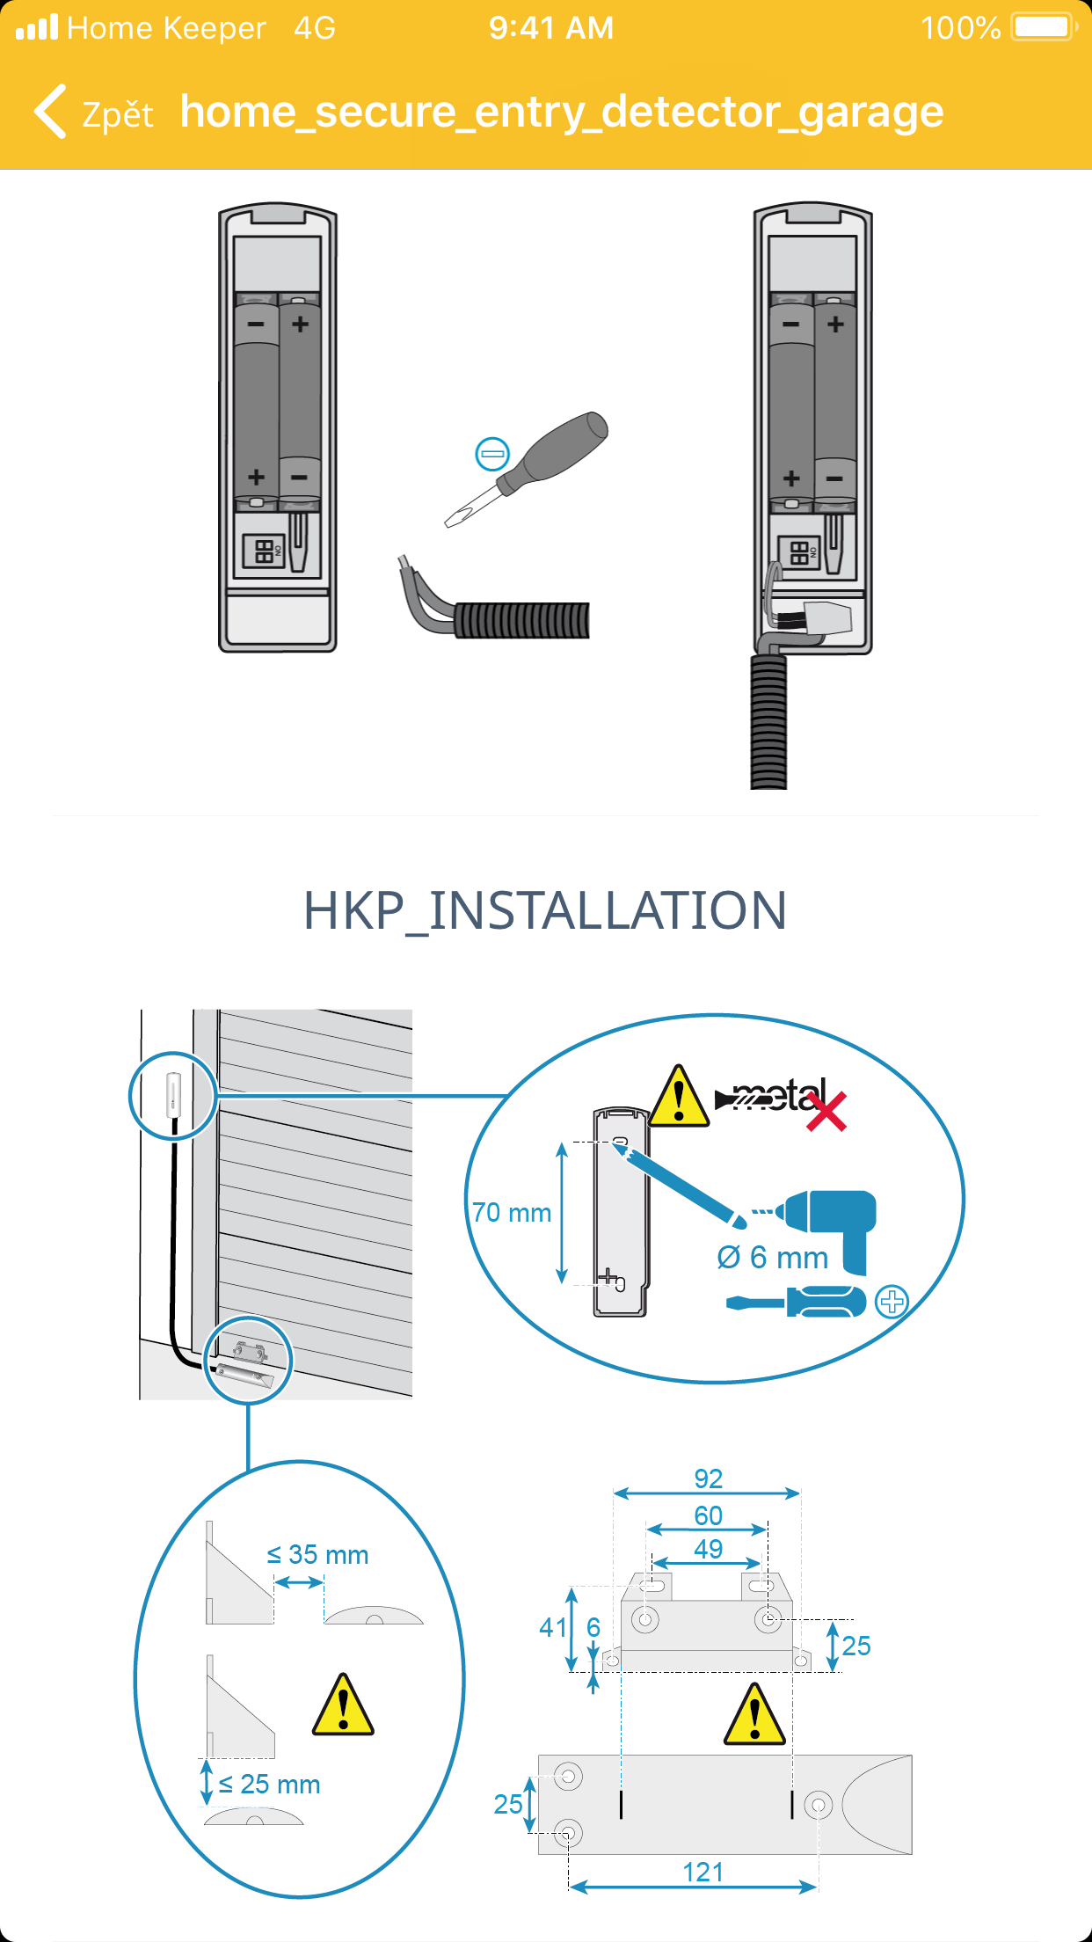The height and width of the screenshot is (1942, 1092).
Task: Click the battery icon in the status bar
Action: coord(1045,27)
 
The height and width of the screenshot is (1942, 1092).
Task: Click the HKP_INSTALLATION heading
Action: coord(545,910)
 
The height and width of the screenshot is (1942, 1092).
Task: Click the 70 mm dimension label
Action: coord(512,1213)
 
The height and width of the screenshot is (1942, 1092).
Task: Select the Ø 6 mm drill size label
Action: coord(773,1258)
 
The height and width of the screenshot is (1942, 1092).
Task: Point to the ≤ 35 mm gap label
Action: coord(317,1555)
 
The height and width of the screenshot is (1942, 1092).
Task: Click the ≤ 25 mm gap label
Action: coord(269,1785)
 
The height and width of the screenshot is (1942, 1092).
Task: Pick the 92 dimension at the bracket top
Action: coord(709,1478)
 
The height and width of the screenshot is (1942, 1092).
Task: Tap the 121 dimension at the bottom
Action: coord(703,1873)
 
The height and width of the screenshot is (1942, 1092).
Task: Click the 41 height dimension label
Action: coord(553,1627)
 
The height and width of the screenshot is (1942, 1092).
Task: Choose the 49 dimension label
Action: coord(709,1549)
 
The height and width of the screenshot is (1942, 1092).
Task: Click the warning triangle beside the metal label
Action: coord(679,1098)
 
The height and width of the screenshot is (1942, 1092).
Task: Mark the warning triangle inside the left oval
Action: coord(343,1706)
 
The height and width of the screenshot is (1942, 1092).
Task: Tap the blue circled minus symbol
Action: coord(492,454)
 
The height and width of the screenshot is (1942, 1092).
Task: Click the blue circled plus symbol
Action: coord(892,1302)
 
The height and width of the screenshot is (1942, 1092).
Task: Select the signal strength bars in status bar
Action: coord(37,27)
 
